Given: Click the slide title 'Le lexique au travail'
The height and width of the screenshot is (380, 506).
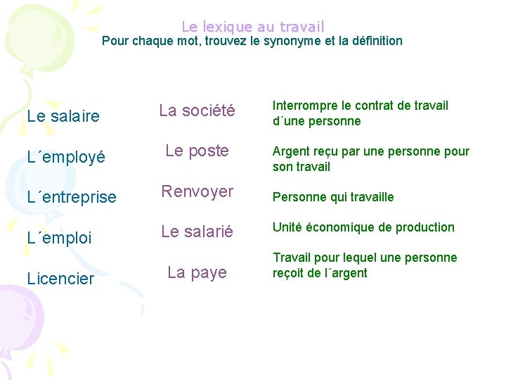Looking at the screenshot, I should point(253,27).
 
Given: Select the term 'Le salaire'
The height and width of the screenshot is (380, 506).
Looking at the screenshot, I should point(63,116).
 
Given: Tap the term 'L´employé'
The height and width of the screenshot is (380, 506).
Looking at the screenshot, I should point(66,157).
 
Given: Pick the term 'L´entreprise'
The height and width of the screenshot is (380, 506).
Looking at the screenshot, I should point(72,197).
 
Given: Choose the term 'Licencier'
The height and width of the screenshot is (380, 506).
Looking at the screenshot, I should point(60,279).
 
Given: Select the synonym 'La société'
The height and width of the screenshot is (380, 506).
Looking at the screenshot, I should point(196,110).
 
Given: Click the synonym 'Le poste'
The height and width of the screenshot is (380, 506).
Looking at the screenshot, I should point(197,151).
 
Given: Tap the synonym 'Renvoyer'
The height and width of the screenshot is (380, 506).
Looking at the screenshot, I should point(197,191).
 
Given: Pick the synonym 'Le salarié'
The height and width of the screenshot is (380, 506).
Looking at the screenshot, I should point(197,232).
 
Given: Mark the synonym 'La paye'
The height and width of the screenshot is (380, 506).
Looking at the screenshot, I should point(197,272).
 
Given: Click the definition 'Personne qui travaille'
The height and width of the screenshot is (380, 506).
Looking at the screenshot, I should point(333,197).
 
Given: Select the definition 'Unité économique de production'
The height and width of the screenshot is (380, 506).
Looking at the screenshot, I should point(363,227).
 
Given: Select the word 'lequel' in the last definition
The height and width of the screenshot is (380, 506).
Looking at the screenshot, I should point(355,258).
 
